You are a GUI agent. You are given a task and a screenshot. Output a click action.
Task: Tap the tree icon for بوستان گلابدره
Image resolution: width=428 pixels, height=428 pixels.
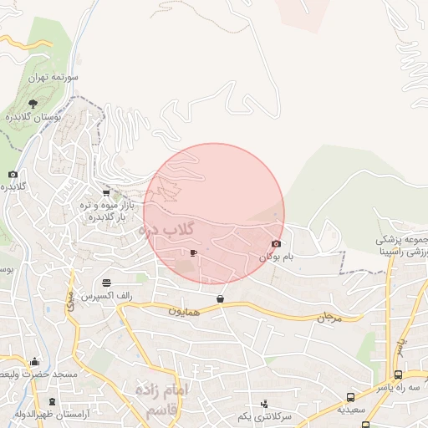tap(33, 103)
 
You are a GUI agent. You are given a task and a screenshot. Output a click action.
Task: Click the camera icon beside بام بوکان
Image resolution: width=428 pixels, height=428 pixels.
tap(276, 244)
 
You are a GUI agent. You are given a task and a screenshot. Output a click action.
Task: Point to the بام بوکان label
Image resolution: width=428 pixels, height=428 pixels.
tap(278, 257)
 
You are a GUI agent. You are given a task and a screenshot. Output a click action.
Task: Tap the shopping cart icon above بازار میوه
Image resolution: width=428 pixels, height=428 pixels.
tap(105, 192)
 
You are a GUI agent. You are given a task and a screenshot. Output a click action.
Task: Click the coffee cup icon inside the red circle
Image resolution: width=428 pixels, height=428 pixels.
tap(194, 252)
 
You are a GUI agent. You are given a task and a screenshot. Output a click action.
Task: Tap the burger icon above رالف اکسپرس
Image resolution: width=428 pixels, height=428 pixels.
tap(106, 283)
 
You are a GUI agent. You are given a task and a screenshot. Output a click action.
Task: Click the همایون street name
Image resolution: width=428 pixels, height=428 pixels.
tap(185, 311)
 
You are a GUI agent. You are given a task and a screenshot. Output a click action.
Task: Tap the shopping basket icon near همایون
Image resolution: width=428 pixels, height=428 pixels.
tap(220, 298)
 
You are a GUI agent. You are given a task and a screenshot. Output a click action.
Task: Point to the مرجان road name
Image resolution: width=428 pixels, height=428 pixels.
tap(331, 318)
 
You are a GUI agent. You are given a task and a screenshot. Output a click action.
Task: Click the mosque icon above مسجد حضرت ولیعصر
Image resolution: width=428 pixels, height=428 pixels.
tap(34, 362)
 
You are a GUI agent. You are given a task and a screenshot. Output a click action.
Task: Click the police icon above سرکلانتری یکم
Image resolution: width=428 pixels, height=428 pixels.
tap(264, 404)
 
